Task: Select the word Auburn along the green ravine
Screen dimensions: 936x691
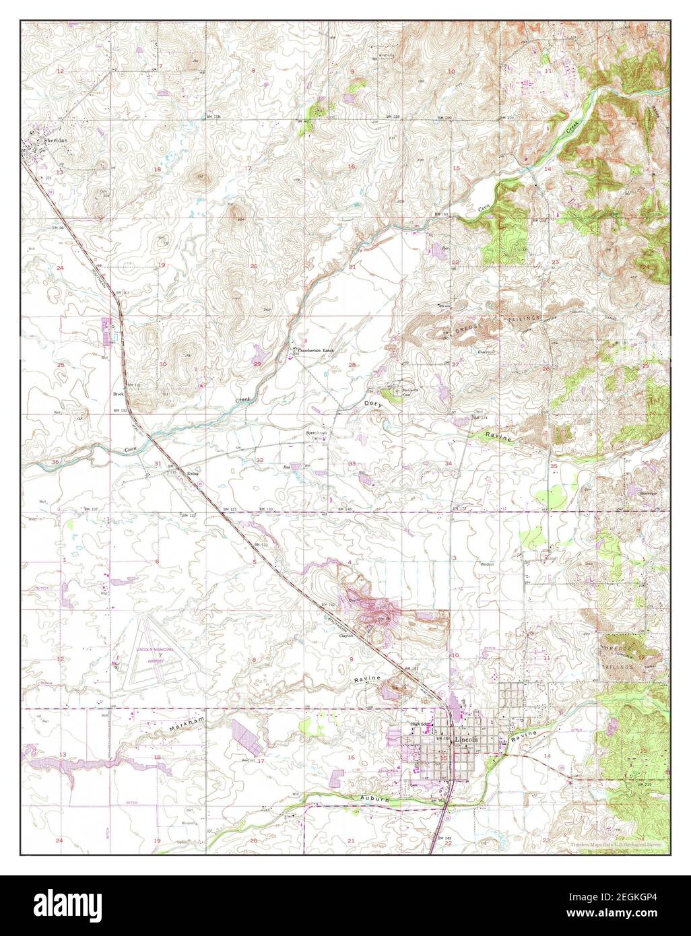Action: pos(368,799)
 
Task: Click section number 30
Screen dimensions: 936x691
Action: pos(162,364)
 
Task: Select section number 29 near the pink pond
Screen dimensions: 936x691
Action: pos(257,364)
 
